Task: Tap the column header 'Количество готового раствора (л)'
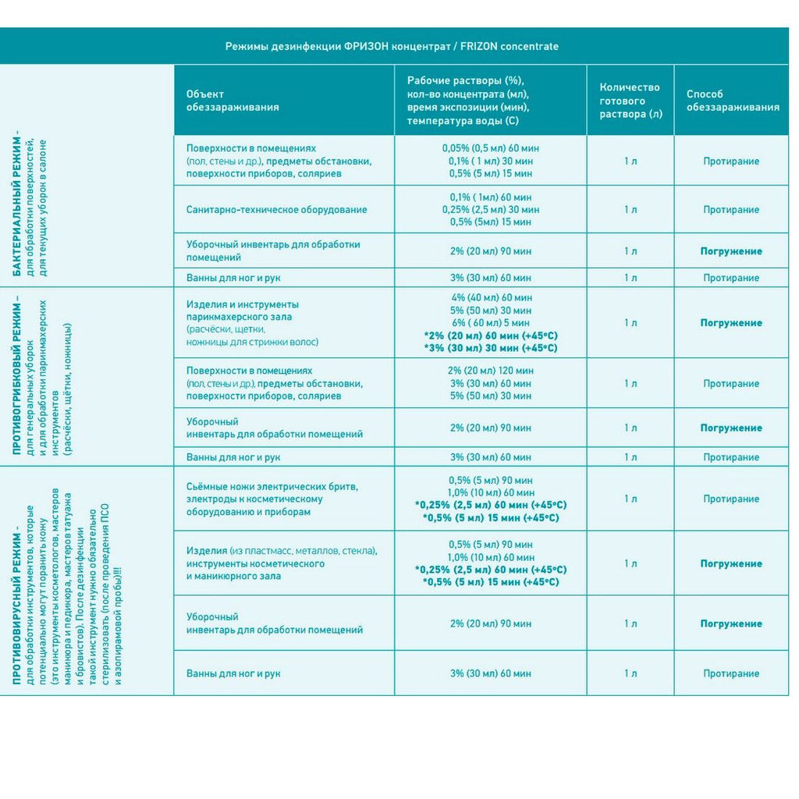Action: click(x=630, y=100)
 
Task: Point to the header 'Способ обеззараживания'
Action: click(x=733, y=101)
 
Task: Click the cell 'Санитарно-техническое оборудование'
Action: click(x=276, y=210)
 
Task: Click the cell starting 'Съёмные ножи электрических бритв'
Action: click(x=272, y=499)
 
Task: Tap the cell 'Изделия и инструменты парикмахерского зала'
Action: click(x=242, y=311)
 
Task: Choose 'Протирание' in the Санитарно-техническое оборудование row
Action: click(x=731, y=210)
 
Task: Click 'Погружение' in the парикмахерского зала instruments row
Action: click(x=731, y=322)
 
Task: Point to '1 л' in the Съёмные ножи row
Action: click(x=630, y=499)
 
